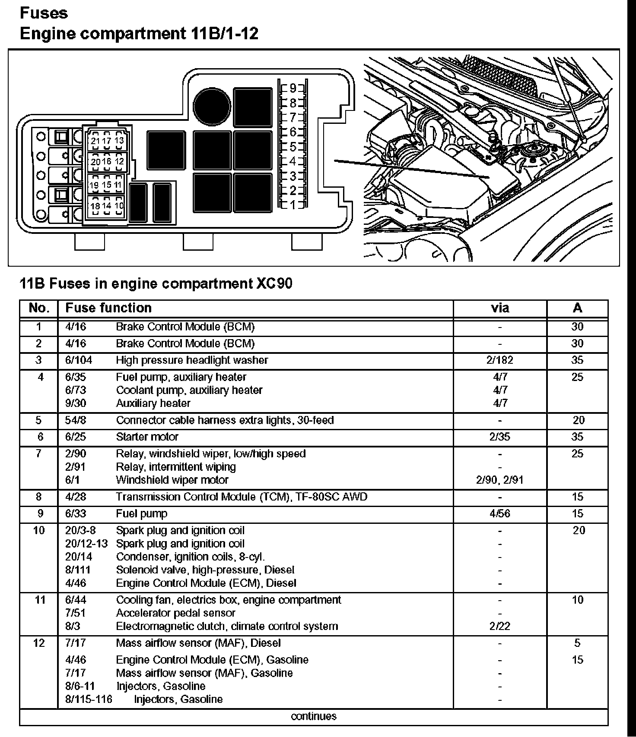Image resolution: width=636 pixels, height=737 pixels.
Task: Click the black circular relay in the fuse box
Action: coord(212,104)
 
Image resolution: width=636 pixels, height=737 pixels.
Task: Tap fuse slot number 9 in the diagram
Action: coord(293,88)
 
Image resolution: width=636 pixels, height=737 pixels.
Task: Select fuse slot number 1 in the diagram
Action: coord(293,205)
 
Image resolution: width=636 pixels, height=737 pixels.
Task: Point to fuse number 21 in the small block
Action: coord(95,141)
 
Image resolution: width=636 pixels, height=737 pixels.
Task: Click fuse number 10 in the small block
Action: coord(119,206)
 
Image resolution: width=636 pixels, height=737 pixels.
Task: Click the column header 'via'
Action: coord(500,308)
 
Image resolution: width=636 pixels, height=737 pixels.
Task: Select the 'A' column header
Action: coord(577,308)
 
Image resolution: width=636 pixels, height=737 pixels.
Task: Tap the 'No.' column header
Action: coord(39,308)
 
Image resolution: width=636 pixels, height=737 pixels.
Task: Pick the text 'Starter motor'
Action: coord(147,437)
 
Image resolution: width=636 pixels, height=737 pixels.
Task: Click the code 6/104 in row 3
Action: coord(79,360)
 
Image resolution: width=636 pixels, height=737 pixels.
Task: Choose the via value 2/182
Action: coord(500,360)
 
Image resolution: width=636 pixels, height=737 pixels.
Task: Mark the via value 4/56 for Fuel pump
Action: coord(500,514)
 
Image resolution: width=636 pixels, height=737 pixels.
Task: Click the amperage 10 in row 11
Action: coord(578,600)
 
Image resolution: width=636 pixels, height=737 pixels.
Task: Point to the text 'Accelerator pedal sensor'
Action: coord(175,613)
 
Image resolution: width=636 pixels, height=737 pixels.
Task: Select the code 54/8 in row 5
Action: coord(76,420)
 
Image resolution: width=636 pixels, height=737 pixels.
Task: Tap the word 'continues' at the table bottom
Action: coord(314,717)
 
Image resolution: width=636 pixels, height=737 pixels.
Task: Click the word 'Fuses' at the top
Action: coord(44,13)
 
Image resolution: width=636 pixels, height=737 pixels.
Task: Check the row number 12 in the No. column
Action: coord(39,643)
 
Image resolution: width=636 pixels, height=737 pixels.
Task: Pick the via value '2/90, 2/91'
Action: coord(500,480)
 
